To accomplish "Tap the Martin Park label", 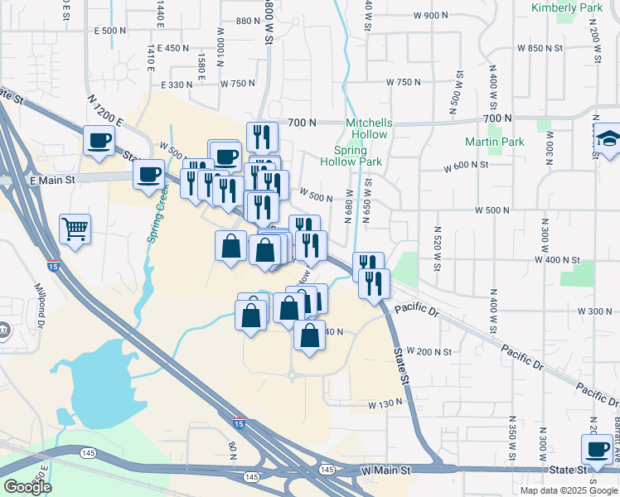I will point(494,142).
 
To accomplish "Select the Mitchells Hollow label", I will point(370,128).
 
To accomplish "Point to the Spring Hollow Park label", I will point(357,156).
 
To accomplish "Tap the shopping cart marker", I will point(75,229).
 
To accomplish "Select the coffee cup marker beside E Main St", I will point(149,175).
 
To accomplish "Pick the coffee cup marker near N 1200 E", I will point(99,140).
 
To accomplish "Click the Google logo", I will point(27,487).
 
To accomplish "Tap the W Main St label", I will point(386,470).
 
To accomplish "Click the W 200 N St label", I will point(429,352).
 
